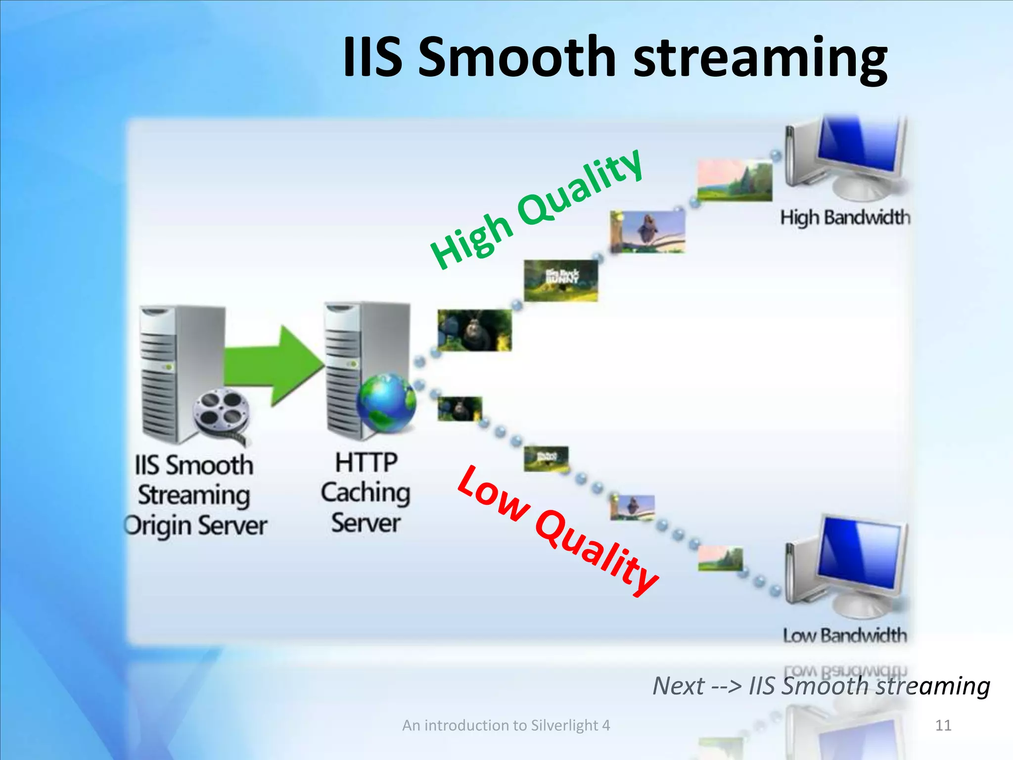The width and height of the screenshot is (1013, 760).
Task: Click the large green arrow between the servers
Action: tap(275, 366)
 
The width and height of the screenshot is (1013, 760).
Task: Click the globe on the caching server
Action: tap(387, 402)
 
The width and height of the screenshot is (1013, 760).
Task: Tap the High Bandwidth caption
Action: tap(845, 218)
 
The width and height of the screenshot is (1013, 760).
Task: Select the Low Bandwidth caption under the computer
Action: tap(845, 635)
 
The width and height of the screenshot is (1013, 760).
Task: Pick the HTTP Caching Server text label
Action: tap(366, 492)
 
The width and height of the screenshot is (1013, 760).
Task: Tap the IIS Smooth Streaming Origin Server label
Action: tap(195, 495)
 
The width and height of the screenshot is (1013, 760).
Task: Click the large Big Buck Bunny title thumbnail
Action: tap(561, 281)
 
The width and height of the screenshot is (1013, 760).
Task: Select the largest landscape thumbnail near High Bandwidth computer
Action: tap(735, 180)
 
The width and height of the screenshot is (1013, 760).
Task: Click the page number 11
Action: tap(943, 725)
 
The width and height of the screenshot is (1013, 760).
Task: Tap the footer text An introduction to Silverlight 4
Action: tap(506, 725)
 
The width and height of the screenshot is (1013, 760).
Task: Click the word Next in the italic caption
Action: tap(678, 686)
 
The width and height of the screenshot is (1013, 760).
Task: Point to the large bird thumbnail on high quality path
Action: tap(647, 232)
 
